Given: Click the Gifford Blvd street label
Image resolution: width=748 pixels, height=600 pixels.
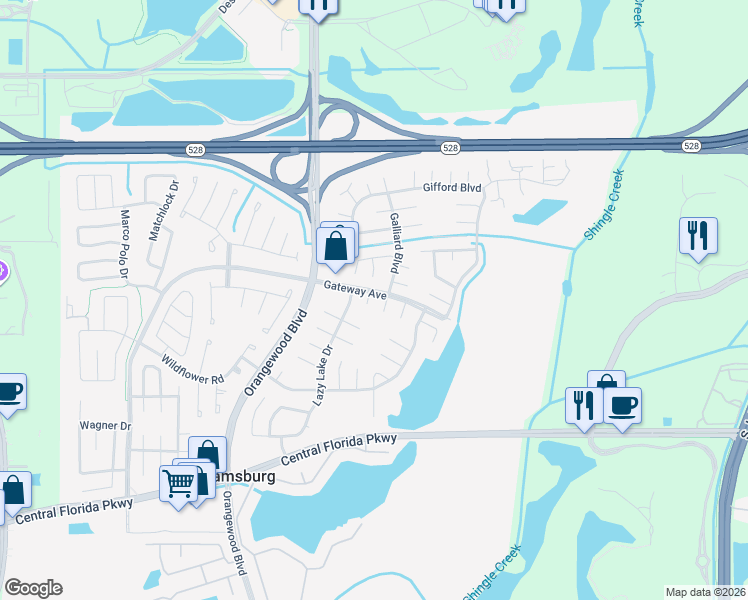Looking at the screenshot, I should [x=452, y=187].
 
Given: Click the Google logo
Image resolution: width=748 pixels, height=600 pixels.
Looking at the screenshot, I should [x=33, y=588].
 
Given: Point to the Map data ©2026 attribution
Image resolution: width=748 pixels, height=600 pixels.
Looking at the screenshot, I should [x=705, y=592].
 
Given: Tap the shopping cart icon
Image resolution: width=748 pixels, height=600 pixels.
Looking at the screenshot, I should [x=179, y=484].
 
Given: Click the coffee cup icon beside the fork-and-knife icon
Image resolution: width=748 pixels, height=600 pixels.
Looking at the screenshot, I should [x=622, y=405].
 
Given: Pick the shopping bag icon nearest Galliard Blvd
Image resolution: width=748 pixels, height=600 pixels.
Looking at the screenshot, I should [x=335, y=246].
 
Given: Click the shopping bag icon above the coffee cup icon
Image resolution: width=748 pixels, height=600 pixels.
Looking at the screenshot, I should [x=606, y=386].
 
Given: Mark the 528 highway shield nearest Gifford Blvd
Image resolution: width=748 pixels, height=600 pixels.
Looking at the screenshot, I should [x=451, y=148].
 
